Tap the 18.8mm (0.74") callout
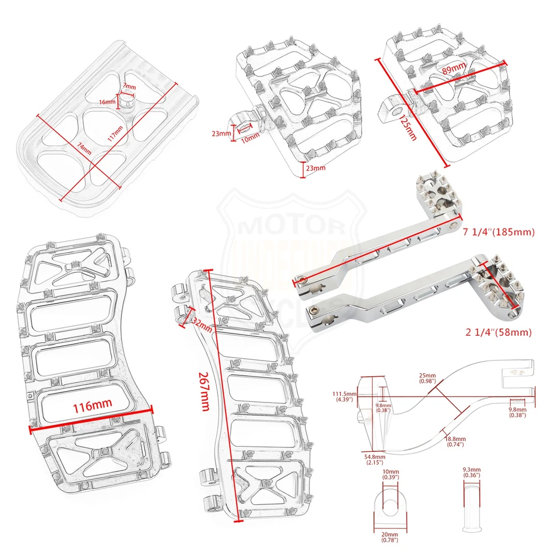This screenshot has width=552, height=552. pyautogui.click(x=455, y=442)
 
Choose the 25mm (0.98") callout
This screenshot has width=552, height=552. pyautogui.click(x=427, y=378)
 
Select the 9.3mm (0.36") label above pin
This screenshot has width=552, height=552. pyautogui.click(x=471, y=472)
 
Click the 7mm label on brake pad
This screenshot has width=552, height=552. pyautogui.click(x=130, y=87)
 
